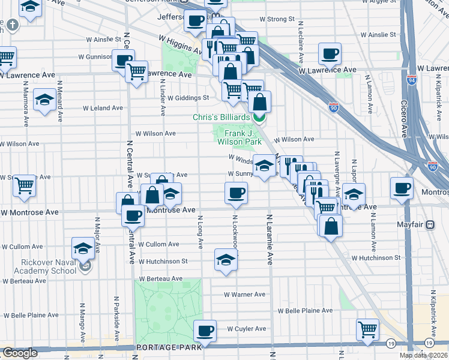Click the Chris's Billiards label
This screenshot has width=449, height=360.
(221, 117)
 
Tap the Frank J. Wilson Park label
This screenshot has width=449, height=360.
(239, 137)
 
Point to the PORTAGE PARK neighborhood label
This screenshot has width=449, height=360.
(164, 347)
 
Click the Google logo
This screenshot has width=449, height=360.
(20, 353)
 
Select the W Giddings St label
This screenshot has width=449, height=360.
(188, 98)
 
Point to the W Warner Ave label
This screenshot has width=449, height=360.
(244, 294)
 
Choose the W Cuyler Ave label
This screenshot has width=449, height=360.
(246, 328)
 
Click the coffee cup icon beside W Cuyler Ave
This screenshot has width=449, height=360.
(205, 331)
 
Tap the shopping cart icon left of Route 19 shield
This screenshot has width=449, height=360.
(367, 329)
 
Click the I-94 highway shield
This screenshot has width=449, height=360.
(411, 79)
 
